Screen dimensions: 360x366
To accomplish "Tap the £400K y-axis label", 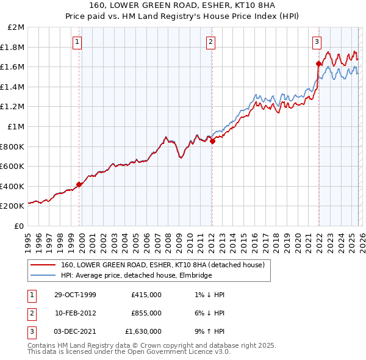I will tap(13, 186).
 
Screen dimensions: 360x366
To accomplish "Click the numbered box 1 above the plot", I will tap(78, 42).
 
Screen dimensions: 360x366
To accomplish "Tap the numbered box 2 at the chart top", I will tap(210, 42).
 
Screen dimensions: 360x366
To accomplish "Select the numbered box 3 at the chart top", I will tap(317, 42).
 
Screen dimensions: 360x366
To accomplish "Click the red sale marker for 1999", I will tap(79, 184).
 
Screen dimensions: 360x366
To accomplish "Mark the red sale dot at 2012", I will tap(212, 141).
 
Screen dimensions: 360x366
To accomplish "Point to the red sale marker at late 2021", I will tap(318, 63).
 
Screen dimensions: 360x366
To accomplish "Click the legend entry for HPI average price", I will tap(136, 276).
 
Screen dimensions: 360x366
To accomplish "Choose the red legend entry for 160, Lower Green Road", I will tap(162, 265).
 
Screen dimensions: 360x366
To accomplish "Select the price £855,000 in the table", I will tap(146, 313).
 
